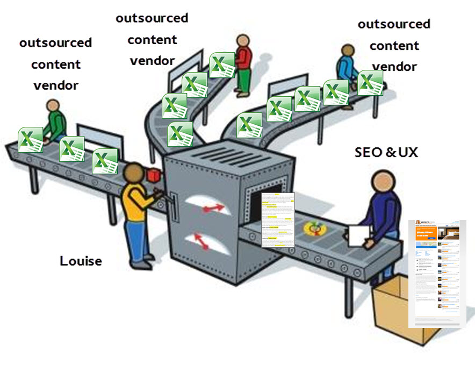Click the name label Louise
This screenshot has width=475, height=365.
pos(81,261)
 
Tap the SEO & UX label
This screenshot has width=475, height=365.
pos(386,152)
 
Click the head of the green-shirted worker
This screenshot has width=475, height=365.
pos(52,105)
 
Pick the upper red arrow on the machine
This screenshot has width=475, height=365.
pos(213,207)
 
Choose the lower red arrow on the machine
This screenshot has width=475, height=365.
pos(201,242)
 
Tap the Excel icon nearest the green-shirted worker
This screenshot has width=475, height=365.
pos(31,140)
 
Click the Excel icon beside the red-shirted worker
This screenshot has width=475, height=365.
pos(221,65)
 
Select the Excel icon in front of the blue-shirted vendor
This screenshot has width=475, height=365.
pos(370,82)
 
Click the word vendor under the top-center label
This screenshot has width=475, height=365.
pos(152,60)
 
